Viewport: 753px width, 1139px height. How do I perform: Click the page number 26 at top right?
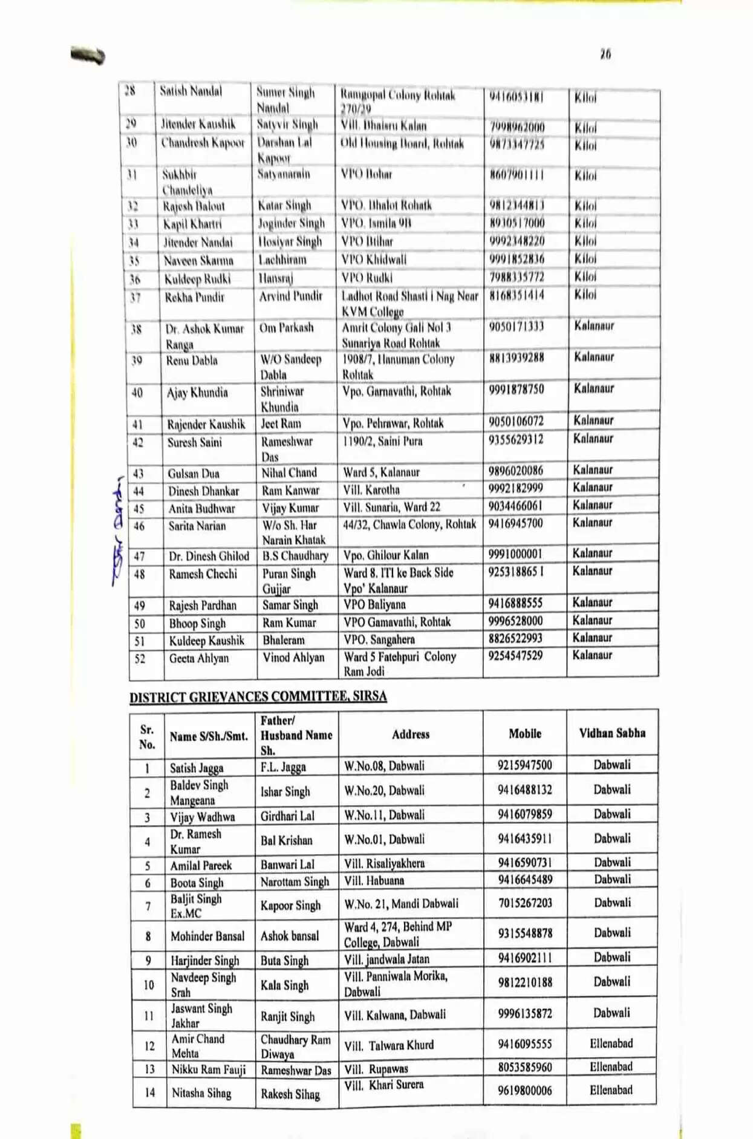click(605, 54)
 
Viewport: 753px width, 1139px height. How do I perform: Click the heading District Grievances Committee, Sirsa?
click(258, 697)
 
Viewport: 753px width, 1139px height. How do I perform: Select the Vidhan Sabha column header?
click(612, 734)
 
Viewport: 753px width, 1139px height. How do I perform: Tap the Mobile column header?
click(524, 734)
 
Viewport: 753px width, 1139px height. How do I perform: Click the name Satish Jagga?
click(197, 768)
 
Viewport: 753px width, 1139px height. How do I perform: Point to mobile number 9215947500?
click(524, 765)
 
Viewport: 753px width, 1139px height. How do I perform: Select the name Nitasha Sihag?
click(201, 1093)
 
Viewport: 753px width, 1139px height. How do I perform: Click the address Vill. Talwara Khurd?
click(389, 1045)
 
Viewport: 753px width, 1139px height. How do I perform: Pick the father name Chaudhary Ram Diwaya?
click(295, 1046)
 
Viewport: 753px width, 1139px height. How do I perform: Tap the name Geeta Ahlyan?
click(199, 658)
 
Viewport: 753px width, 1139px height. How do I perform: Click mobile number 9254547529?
click(516, 656)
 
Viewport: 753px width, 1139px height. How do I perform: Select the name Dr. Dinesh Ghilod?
click(209, 556)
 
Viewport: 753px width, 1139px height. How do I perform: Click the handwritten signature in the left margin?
click(119, 529)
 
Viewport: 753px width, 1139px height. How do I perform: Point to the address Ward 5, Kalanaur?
click(381, 472)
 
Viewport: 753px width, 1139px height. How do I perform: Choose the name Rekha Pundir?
click(194, 298)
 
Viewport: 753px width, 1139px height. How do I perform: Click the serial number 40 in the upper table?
click(137, 393)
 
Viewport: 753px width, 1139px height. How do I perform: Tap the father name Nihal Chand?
click(289, 472)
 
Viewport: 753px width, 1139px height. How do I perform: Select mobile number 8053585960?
click(524, 1068)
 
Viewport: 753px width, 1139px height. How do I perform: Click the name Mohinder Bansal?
click(207, 936)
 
